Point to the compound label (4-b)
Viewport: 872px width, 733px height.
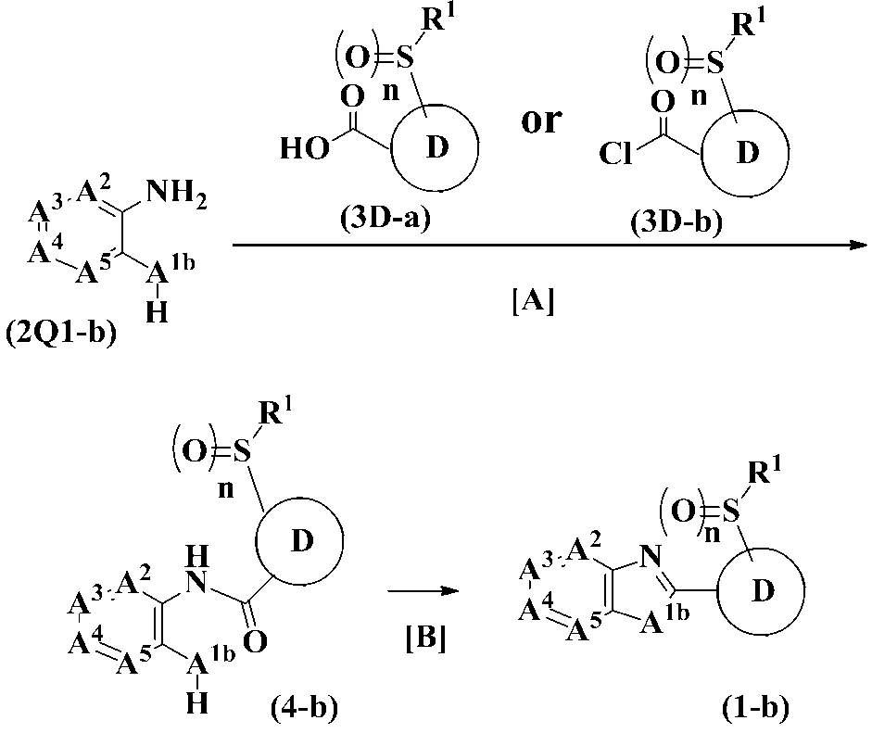(x=302, y=709)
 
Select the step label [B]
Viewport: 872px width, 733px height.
(x=425, y=638)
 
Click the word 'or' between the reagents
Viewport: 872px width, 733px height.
(x=542, y=120)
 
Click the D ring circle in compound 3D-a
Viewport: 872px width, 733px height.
(x=433, y=149)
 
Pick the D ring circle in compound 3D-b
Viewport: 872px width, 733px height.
(x=745, y=153)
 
